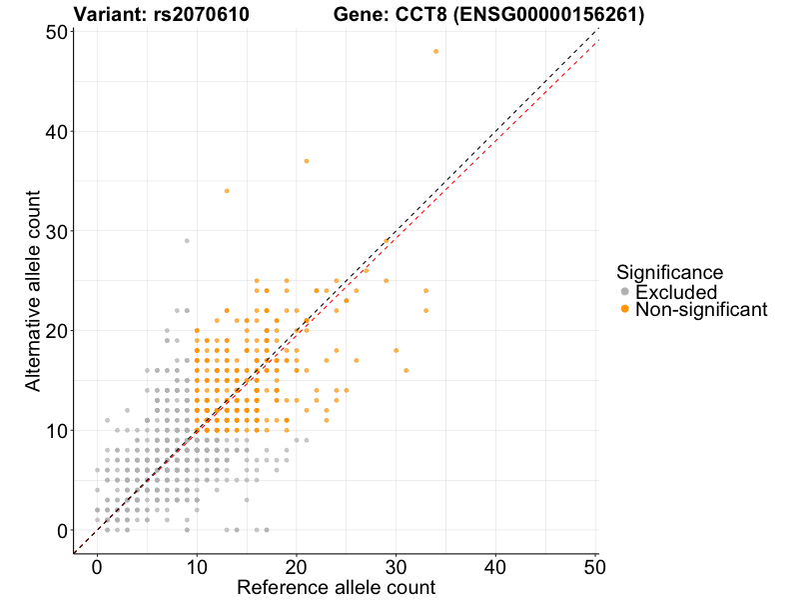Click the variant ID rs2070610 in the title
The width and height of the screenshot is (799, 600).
(x=205, y=15)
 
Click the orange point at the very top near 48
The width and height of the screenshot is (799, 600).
(x=435, y=51)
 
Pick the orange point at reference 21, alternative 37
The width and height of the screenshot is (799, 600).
(x=307, y=161)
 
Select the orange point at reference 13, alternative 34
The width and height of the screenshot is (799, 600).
(x=227, y=191)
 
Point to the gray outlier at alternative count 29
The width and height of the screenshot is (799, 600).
(x=187, y=241)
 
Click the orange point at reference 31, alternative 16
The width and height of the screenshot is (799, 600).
(x=406, y=370)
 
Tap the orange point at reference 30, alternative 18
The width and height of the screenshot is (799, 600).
(x=397, y=350)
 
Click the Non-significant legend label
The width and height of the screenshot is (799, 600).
(x=701, y=310)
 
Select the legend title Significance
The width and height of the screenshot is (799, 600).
(x=669, y=271)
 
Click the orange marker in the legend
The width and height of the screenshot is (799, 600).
(x=625, y=310)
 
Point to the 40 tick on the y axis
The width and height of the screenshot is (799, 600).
(x=59, y=131)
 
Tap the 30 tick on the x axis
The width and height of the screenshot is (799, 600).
(x=397, y=566)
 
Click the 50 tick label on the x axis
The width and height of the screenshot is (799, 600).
(x=595, y=566)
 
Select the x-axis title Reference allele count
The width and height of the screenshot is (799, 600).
(x=336, y=587)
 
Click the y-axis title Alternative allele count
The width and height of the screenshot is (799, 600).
(x=33, y=291)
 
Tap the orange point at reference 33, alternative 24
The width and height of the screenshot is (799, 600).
(x=425, y=291)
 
